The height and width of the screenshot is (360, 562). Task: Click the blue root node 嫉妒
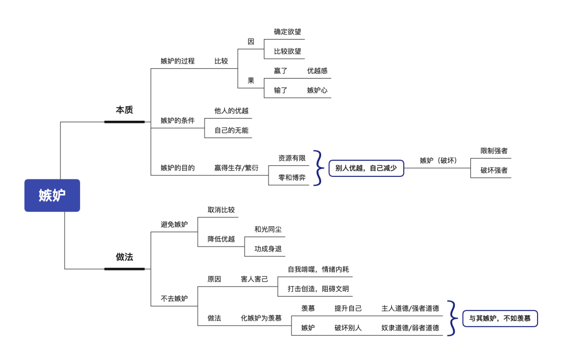[52, 196]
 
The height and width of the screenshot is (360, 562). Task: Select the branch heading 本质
[124, 110]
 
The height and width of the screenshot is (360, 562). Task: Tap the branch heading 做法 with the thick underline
[124, 257]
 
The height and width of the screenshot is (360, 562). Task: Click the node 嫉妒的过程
[177, 61]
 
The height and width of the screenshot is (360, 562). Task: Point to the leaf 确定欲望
[288, 32]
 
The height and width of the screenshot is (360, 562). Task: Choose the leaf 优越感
[317, 71]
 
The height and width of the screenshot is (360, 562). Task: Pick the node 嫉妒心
[317, 90]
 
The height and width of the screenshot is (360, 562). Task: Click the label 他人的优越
[232, 110]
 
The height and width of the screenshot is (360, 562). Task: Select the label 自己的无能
[232, 130]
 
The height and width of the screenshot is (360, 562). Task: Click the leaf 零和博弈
[292, 177]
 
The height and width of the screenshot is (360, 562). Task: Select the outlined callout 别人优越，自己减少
[366, 168]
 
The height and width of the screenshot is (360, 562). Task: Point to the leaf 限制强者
[494, 151]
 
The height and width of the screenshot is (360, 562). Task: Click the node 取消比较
[222, 210]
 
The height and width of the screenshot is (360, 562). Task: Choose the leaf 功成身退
[268, 249]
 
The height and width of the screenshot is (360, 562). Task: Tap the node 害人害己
[254, 279]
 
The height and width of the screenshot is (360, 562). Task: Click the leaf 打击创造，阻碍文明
[318, 289]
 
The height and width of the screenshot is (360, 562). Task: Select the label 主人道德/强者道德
[410, 308]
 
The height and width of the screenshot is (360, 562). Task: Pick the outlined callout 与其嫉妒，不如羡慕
[500, 318]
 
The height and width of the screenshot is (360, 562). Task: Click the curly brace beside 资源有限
[317, 168]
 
